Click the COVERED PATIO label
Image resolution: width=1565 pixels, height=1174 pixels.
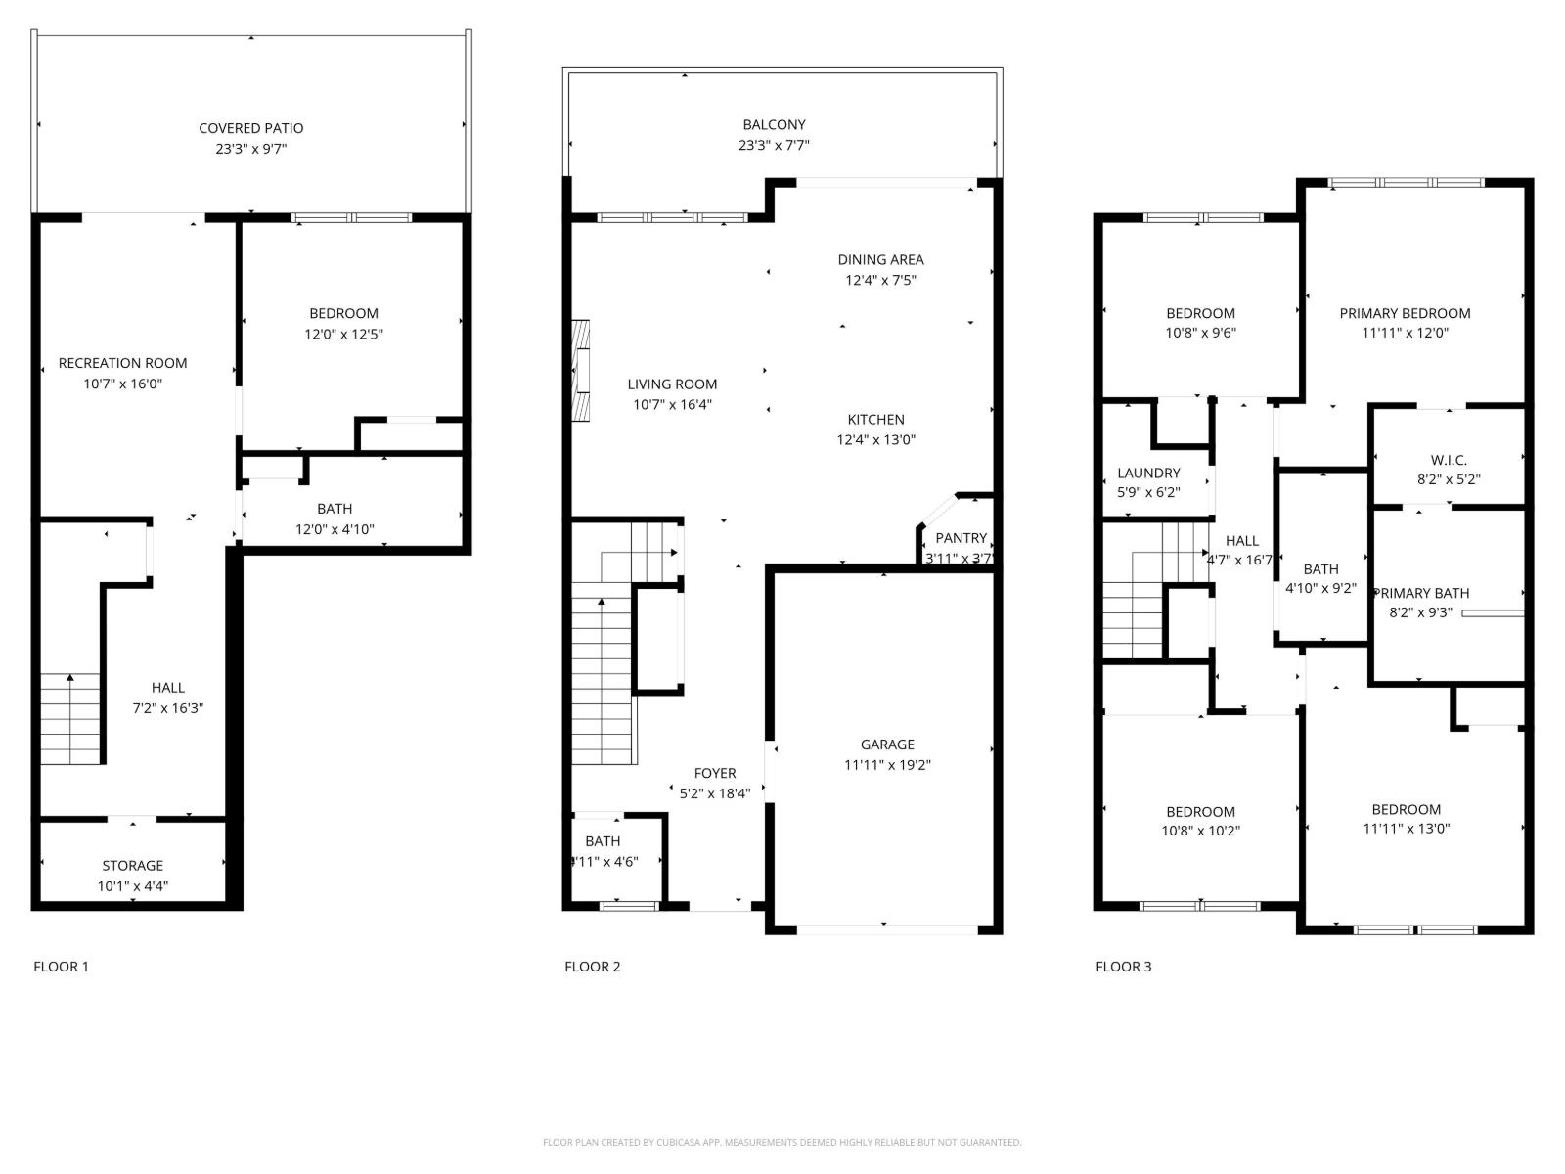coord(251,128)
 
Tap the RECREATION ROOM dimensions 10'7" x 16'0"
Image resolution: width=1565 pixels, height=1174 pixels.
coord(122,384)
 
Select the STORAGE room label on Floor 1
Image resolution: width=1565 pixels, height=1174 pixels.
coord(133,865)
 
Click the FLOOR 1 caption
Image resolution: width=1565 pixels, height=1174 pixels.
coord(61,967)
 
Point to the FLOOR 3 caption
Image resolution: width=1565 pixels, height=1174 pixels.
coord(1123,967)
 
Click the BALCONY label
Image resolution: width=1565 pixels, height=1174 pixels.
coord(774,124)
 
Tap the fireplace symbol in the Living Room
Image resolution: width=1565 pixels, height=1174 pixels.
coord(582,371)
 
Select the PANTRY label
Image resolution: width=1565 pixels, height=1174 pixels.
coord(961,538)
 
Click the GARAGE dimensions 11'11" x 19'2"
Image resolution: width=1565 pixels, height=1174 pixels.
coord(887,765)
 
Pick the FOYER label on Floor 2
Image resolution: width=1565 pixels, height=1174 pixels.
coord(715,773)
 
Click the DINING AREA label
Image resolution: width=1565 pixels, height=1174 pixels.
coord(880,259)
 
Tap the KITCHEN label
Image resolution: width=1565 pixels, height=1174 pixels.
coord(875,419)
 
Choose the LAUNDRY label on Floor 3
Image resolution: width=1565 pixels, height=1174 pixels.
coord(1148,473)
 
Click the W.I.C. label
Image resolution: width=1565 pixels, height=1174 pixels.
coord(1449,460)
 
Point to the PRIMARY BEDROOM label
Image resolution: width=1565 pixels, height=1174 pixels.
coord(1405,313)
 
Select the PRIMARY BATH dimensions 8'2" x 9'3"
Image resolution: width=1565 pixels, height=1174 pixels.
coord(1420,612)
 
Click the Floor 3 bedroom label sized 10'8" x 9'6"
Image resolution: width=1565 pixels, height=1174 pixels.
coord(1200,313)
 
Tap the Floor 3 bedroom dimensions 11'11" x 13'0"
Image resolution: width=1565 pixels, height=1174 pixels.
coord(1406,829)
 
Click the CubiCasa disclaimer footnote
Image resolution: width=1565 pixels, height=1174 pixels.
coord(782,1142)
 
